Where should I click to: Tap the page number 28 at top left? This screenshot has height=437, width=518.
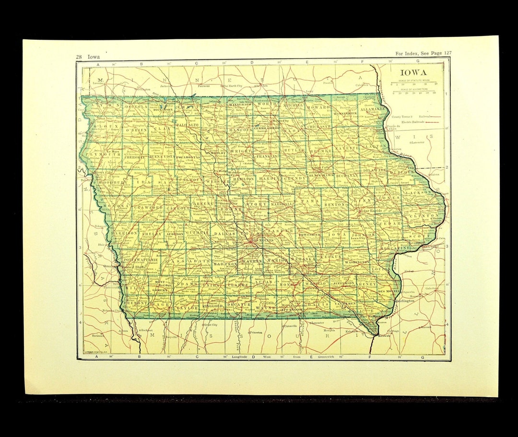click(x=79, y=57)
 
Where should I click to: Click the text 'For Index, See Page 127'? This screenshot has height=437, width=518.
click(x=423, y=53)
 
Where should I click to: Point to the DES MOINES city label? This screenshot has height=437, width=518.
click(x=249, y=241)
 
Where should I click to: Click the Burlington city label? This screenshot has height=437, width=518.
click(x=406, y=301)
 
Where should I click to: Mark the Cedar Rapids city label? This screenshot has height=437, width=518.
click(x=371, y=210)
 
